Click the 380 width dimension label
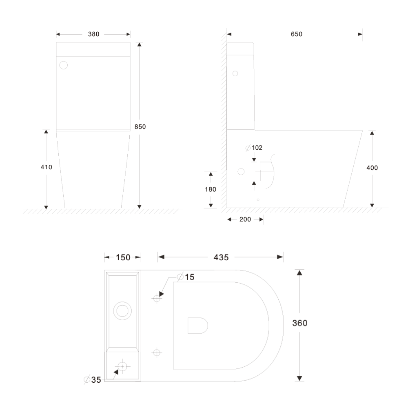[x=94, y=34]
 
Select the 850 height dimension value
[x=140, y=127]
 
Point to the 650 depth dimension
[x=297, y=34]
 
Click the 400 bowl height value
[x=372, y=168]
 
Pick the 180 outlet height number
[x=211, y=189]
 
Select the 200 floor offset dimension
[x=245, y=220]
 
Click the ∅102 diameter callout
[x=254, y=148]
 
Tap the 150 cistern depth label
[x=123, y=257]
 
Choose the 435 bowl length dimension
[x=220, y=257]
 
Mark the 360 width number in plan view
[x=300, y=323]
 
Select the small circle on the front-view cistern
[x=64, y=65]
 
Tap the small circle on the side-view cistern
[x=235, y=73]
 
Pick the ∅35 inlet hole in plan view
[x=122, y=366]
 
